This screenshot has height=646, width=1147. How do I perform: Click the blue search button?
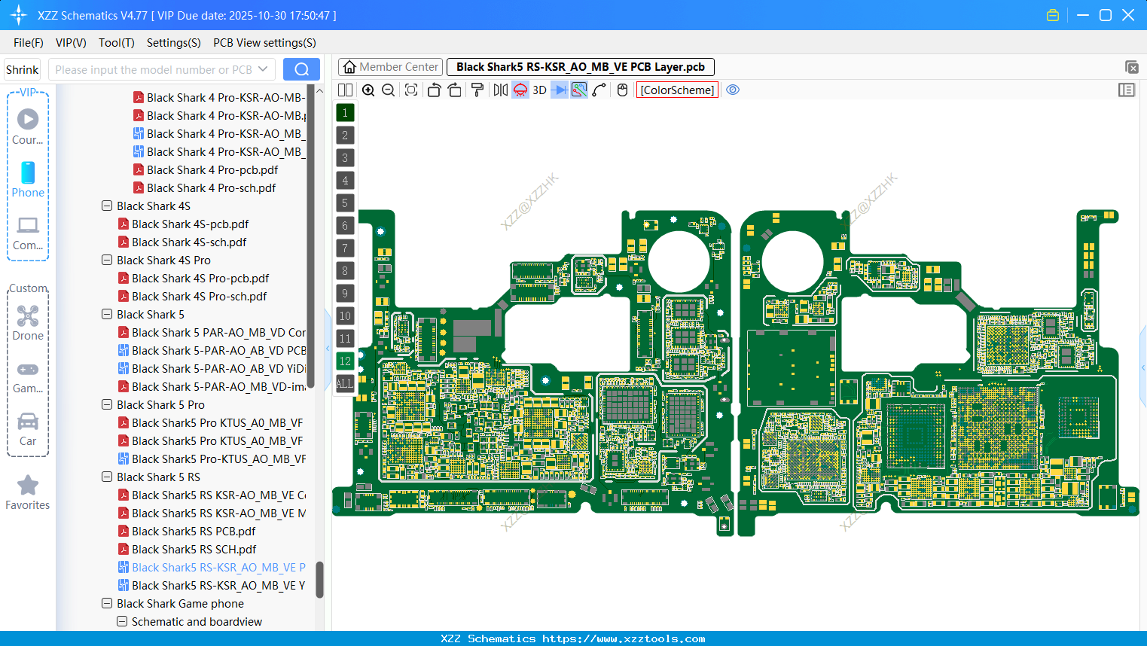coord(301,69)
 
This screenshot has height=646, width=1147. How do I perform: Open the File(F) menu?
coord(29,43)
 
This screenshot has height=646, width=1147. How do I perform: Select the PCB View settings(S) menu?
coord(264,43)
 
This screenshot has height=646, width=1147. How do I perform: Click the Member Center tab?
coord(390,67)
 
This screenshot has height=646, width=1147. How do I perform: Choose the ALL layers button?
coord(344,384)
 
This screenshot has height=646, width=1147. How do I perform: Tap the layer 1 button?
coord(345,113)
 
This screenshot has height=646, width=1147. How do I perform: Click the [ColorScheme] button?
coord(677,90)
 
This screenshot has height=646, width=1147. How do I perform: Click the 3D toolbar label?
coord(539,90)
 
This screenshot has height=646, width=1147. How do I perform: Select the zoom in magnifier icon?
coord(368,90)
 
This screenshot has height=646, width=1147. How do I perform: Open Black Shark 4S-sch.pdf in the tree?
coord(189,242)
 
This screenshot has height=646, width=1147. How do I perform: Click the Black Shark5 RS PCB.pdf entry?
coord(194,532)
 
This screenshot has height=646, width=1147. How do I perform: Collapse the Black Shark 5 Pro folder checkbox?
coord(107,405)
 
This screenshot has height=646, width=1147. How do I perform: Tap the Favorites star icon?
coord(28,486)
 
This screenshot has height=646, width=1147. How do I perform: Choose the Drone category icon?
coord(28,316)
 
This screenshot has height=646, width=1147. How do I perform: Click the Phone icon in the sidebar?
coord(28,173)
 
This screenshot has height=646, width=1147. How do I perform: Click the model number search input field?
coord(154,70)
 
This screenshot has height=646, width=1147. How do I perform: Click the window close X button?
coord(1128,15)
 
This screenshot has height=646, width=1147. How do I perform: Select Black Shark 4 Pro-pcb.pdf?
coord(212,170)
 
